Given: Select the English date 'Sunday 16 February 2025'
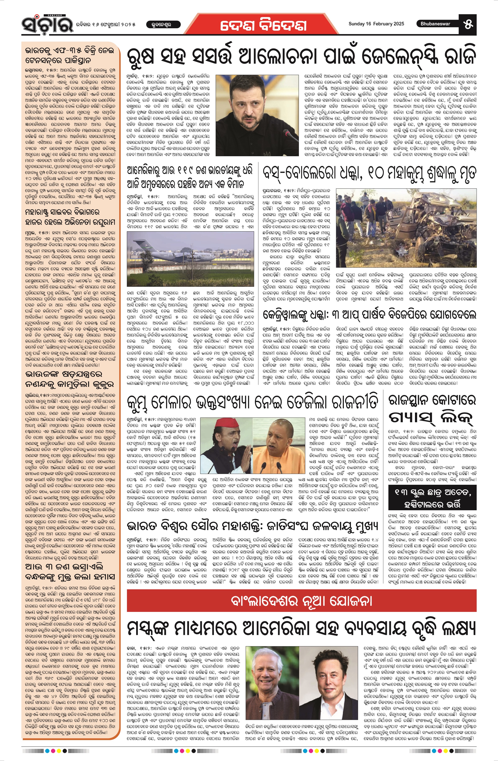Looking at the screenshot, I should point(376,24).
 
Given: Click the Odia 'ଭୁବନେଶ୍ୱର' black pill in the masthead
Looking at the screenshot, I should point(163,24).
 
